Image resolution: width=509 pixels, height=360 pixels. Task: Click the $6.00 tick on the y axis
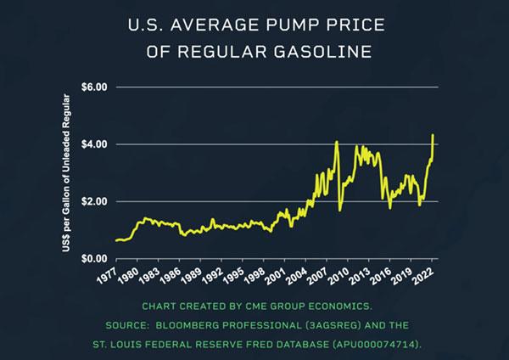[95, 87]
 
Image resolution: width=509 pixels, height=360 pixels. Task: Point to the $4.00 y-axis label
[95, 144]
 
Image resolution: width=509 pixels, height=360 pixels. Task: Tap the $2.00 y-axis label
[95, 201]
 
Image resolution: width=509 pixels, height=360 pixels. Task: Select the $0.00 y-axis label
[95, 258]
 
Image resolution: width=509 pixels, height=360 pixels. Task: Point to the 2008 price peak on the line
[337, 142]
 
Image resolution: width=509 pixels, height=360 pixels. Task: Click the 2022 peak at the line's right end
[433, 135]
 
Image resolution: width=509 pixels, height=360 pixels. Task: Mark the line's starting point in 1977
[115, 240]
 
